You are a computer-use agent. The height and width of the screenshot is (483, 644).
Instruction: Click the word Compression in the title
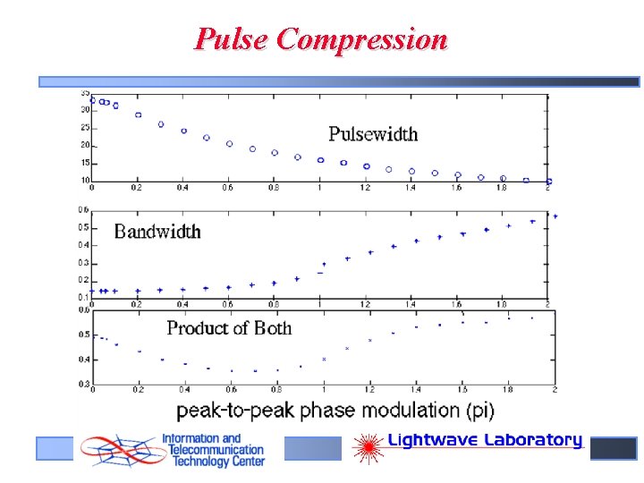(361, 39)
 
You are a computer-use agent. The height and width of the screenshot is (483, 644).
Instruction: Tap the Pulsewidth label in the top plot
(373, 134)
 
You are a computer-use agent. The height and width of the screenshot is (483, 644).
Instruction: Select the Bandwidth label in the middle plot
(157, 232)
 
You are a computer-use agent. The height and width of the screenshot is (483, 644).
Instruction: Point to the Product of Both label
(229, 328)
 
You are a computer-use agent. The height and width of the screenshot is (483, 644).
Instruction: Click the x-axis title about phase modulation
(335, 411)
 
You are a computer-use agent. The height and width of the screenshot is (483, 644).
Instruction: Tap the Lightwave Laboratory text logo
(484, 440)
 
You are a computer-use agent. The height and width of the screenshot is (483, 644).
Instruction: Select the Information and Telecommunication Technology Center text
(213, 450)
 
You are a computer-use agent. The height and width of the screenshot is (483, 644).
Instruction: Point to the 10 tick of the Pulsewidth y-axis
(85, 181)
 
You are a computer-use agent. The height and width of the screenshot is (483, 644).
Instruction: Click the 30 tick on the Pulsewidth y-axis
(85, 109)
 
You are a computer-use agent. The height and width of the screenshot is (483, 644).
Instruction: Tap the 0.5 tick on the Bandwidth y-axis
(84, 227)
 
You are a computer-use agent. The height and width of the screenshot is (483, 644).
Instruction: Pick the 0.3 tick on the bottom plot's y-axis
(84, 384)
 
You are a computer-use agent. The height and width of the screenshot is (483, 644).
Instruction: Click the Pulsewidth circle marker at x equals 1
(320, 160)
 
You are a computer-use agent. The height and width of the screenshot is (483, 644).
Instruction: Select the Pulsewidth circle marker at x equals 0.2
(138, 114)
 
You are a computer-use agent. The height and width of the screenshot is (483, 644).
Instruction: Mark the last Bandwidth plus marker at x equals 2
(555, 216)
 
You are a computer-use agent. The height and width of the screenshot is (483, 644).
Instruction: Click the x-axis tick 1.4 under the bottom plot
(416, 391)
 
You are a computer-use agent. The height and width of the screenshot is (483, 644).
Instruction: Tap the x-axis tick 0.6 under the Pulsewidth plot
(229, 188)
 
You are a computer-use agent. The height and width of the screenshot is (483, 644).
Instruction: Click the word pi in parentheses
(477, 411)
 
